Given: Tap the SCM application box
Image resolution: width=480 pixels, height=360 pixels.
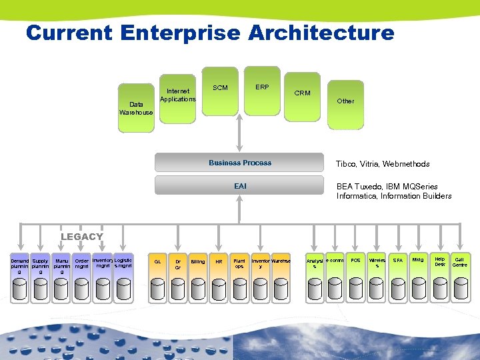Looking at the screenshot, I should click(x=220, y=89).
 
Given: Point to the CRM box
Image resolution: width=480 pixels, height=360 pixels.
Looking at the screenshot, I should click(x=303, y=96).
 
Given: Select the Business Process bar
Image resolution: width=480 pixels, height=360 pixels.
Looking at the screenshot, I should click(x=240, y=163).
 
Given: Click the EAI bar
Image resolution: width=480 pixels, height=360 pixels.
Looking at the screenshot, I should click(x=240, y=186).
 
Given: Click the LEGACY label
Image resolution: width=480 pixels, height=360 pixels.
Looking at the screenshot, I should click(x=82, y=237).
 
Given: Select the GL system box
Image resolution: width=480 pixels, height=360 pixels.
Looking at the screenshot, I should click(x=157, y=262).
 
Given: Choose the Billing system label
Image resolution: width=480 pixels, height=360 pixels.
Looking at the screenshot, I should click(x=198, y=262).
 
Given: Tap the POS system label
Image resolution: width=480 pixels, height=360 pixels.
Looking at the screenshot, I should click(x=356, y=260).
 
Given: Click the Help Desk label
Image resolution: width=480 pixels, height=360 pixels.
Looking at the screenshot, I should click(x=440, y=261).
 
